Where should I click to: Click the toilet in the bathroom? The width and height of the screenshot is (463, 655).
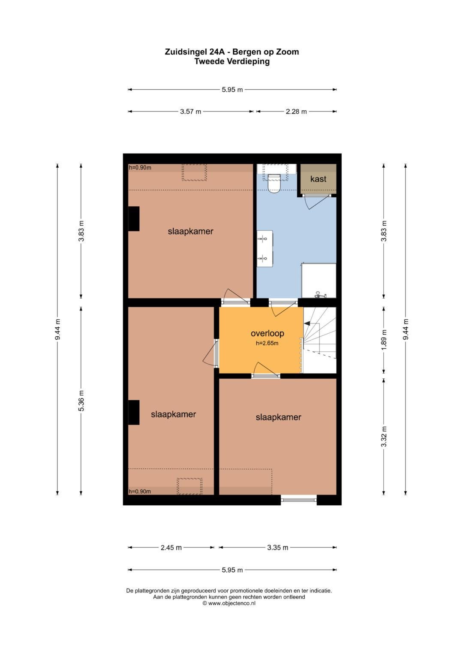click(x=274, y=184)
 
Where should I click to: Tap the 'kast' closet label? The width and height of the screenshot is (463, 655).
click(x=318, y=179)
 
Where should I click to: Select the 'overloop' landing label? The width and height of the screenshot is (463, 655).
click(x=267, y=333)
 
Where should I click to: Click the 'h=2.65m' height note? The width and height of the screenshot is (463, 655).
click(x=267, y=343)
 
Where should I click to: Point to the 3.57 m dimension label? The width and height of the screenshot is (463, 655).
click(x=190, y=112)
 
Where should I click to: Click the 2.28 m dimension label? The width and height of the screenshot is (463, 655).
click(x=296, y=112)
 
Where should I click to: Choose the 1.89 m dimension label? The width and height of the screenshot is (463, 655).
click(x=384, y=340)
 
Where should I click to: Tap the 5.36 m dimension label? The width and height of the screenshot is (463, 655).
click(x=81, y=401)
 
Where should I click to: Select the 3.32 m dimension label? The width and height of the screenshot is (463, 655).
click(x=384, y=436)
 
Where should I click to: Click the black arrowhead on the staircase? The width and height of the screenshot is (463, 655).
click(x=307, y=323)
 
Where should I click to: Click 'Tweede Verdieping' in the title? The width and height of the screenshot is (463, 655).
click(x=232, y=61)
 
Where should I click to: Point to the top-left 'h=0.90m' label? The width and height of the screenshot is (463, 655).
click(x=140, y=168)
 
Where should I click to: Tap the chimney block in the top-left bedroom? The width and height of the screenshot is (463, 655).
click(x=134, y=219)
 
